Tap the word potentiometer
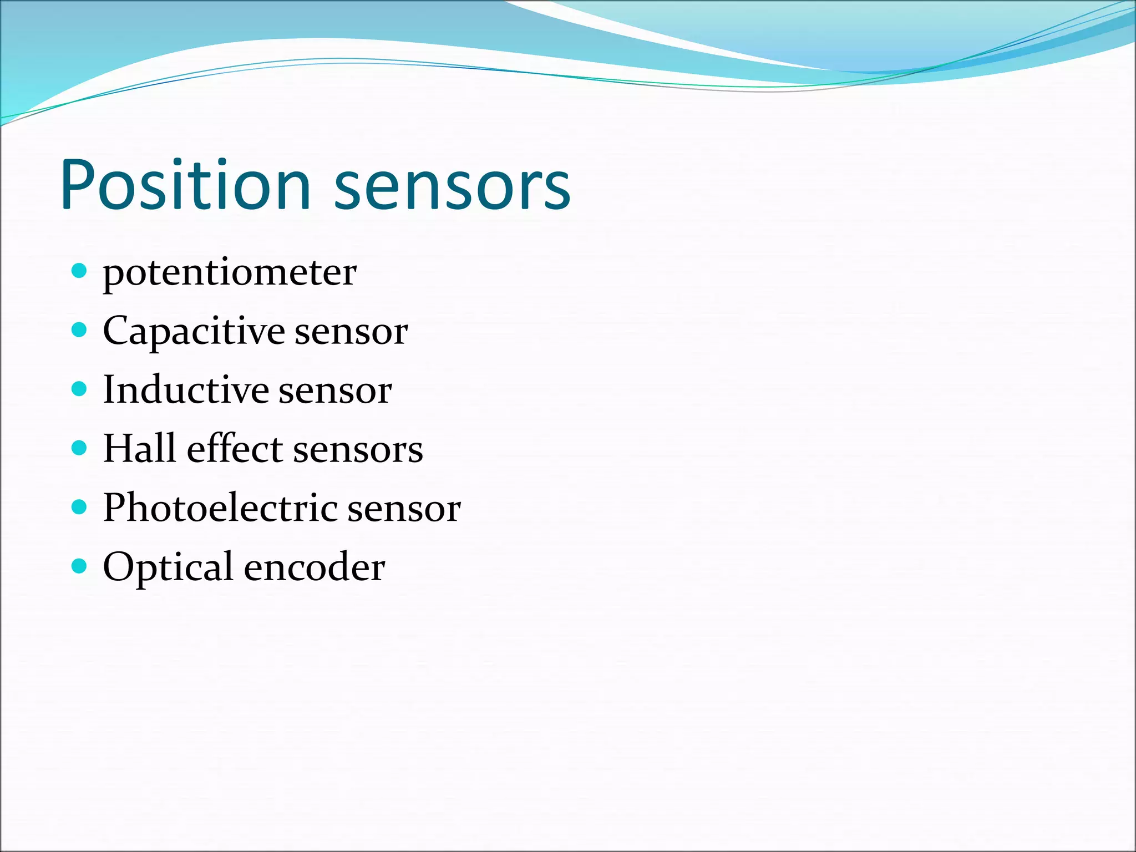pyautogui.click(x=230, y=274)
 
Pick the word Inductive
pyautogui.click(x=186, y=389)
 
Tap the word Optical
pyautogui.click(x=168, y=567)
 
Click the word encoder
pyautogui.click(x=314, y=567)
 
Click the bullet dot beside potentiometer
pyautogui.click(x=80, y=271)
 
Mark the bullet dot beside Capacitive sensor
pyautogui.click(x=80, y=330)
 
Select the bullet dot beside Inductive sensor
pyautogui.click(x=80, y=389)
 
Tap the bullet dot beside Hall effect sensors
pyautogui.click(x=80, y=448)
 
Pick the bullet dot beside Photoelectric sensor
pyautogui.click(x=80, y=507)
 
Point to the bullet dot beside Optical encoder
pyautogui.click(x=80, y=566)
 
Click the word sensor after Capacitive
pyautogui.click(x=351, y=333)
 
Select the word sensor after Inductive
pyautogui.click(x=335, y=392)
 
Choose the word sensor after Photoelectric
pyautogui.click(x=404, y=509)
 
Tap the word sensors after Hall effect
pyautogui.click(x=358, y=450)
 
